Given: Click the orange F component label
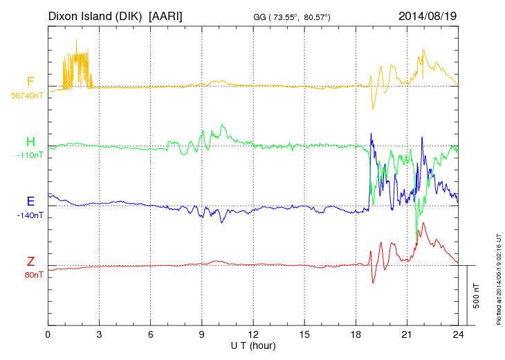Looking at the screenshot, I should tap(30, 82).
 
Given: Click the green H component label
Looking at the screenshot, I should tap(30, 142).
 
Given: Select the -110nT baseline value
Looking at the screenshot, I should tap(30, 155).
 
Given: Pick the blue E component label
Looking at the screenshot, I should tap(30, 201).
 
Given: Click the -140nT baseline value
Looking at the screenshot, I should tap(30, 215).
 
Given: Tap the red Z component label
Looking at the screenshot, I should tap(30, 261).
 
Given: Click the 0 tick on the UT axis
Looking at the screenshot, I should tap(48, 334).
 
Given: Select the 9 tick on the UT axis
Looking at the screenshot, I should tap(202, 334).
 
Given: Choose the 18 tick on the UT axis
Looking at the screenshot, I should tap(356, 334).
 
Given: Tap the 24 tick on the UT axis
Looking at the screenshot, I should tap(458, 334).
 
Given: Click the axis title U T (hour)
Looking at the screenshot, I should tap(253, 345).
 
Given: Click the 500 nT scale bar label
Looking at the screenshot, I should tap(476, 295).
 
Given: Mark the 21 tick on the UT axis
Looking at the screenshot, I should tap(407, 334).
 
